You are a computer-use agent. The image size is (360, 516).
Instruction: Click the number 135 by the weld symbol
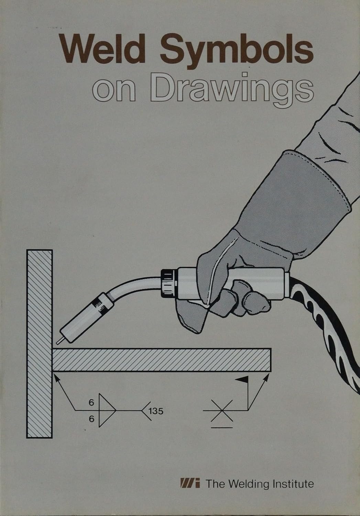point(157,410)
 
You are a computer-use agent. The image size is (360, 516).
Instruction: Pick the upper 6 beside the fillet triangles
point(91,403)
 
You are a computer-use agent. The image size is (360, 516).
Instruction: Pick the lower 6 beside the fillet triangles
point(91,419)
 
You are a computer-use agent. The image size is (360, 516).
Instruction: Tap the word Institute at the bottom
point(293,484)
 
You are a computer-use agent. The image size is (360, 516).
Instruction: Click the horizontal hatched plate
point(162,360)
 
